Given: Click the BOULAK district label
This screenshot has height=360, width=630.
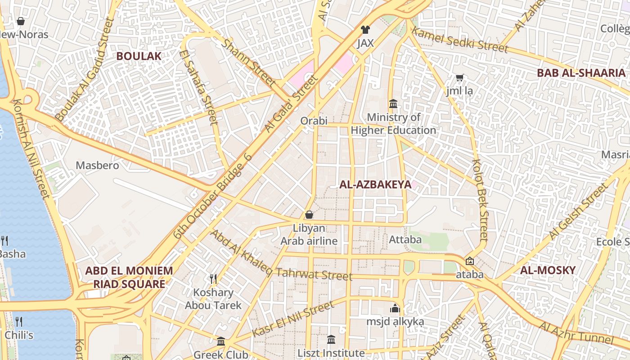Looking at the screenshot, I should click(139, 56).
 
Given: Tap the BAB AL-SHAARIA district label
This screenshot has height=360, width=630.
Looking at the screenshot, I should click(581, 73).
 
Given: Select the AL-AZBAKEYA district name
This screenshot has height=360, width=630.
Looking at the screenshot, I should click(375, 184).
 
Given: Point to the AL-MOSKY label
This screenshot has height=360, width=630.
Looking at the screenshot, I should click(548, 270).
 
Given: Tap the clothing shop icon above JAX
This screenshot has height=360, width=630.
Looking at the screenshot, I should click(365, 30).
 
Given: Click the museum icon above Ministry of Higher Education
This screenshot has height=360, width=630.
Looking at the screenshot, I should click(393, 104).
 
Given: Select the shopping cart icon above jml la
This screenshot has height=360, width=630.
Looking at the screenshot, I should click(459, 78).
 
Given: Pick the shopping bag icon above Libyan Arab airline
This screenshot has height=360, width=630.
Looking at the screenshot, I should click(309, 215).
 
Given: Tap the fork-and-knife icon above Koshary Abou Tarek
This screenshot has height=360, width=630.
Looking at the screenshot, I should click(213, 279).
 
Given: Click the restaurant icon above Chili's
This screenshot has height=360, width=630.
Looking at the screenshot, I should click(18, 321).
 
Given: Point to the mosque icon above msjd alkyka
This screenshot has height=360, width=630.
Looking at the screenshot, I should click(395, 308).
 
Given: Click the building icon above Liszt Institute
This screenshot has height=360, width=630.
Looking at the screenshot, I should click(331, 339).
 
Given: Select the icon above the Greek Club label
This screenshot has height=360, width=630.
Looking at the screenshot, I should click(220, 342).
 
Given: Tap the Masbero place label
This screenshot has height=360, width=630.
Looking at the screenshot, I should click(97, 166).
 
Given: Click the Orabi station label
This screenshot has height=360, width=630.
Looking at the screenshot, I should click(314, 121).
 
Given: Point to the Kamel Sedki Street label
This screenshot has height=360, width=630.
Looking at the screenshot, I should click(459, 40).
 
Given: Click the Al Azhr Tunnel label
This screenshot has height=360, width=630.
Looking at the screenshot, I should click(576, 333).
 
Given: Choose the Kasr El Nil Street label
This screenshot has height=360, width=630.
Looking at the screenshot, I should click(293, 319).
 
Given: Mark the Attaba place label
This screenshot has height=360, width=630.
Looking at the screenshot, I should click(405, 239).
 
